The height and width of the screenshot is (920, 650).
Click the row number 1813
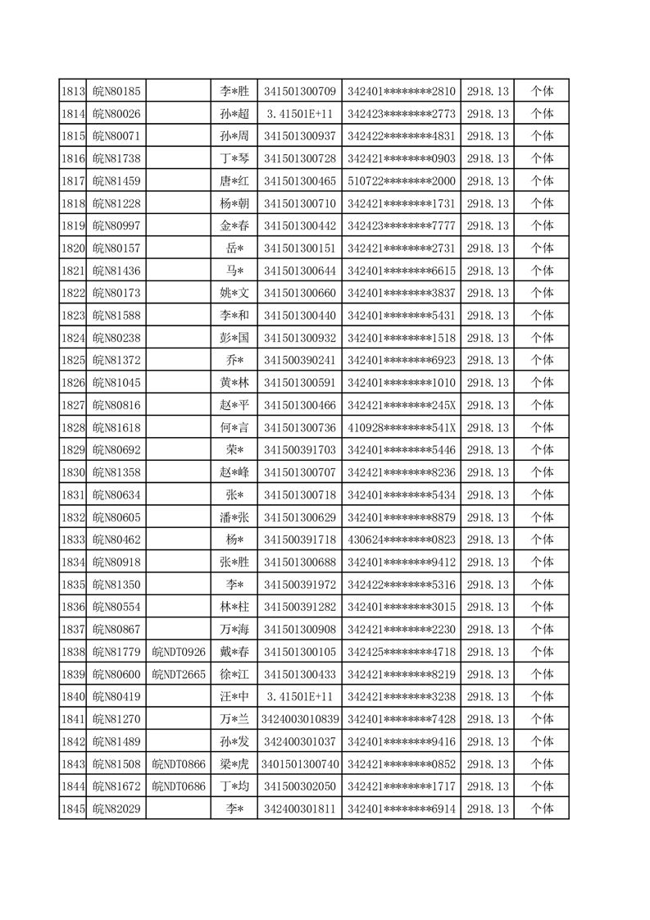click(x=73, y=91)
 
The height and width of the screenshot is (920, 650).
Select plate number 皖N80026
click(x=116, y=113)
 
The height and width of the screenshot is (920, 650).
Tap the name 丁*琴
click(x=234, y=158)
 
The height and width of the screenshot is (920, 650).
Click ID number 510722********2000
click(x=401, y=180)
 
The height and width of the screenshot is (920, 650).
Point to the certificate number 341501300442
click(x=299, y=225)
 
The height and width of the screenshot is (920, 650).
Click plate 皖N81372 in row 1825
click(x=116, y=360)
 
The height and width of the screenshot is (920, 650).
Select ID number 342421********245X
click(x=401, y=405)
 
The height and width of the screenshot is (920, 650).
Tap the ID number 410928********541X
click(x=401, y=427)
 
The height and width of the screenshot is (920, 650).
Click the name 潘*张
click(x=234, y=517)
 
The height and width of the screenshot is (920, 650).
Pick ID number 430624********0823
click(x=401, y=540)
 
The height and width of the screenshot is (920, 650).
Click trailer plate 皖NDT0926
click(x=179, y=652)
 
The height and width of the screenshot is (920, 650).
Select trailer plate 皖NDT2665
click(x=179, y=674)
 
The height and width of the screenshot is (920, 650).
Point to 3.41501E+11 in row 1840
click(x=299, y=697)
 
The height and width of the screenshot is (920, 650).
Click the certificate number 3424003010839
click(x=299, y=719)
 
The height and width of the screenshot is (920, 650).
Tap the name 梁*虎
click(x=234, y=764)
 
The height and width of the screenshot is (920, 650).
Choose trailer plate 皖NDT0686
click(x=179, y=786)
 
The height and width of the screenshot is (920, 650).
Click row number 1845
click(x=73, y=809)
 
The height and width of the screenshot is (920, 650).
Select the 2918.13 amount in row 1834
click(x=488, y=562)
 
